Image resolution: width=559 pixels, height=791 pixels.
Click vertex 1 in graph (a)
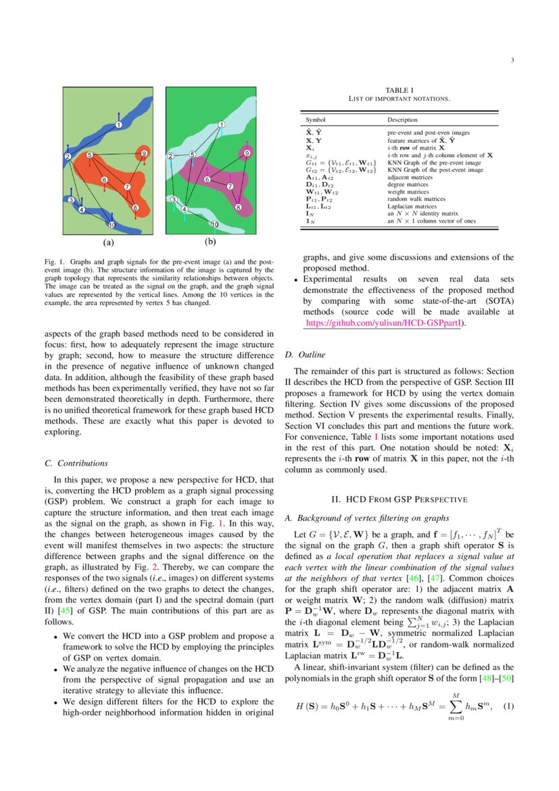118,125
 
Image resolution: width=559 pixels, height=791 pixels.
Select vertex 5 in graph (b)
192,155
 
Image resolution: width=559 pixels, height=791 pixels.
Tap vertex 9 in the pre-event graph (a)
144,154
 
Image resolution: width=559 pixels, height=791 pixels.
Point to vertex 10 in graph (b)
215,224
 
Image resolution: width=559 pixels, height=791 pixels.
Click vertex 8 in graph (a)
135,207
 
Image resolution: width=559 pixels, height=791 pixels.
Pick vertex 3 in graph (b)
173,200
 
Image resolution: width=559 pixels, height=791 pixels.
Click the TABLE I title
399,90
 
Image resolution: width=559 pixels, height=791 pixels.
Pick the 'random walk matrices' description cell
416,199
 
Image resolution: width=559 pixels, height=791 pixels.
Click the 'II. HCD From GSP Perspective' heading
399,499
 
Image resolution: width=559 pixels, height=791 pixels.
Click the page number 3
512,61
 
